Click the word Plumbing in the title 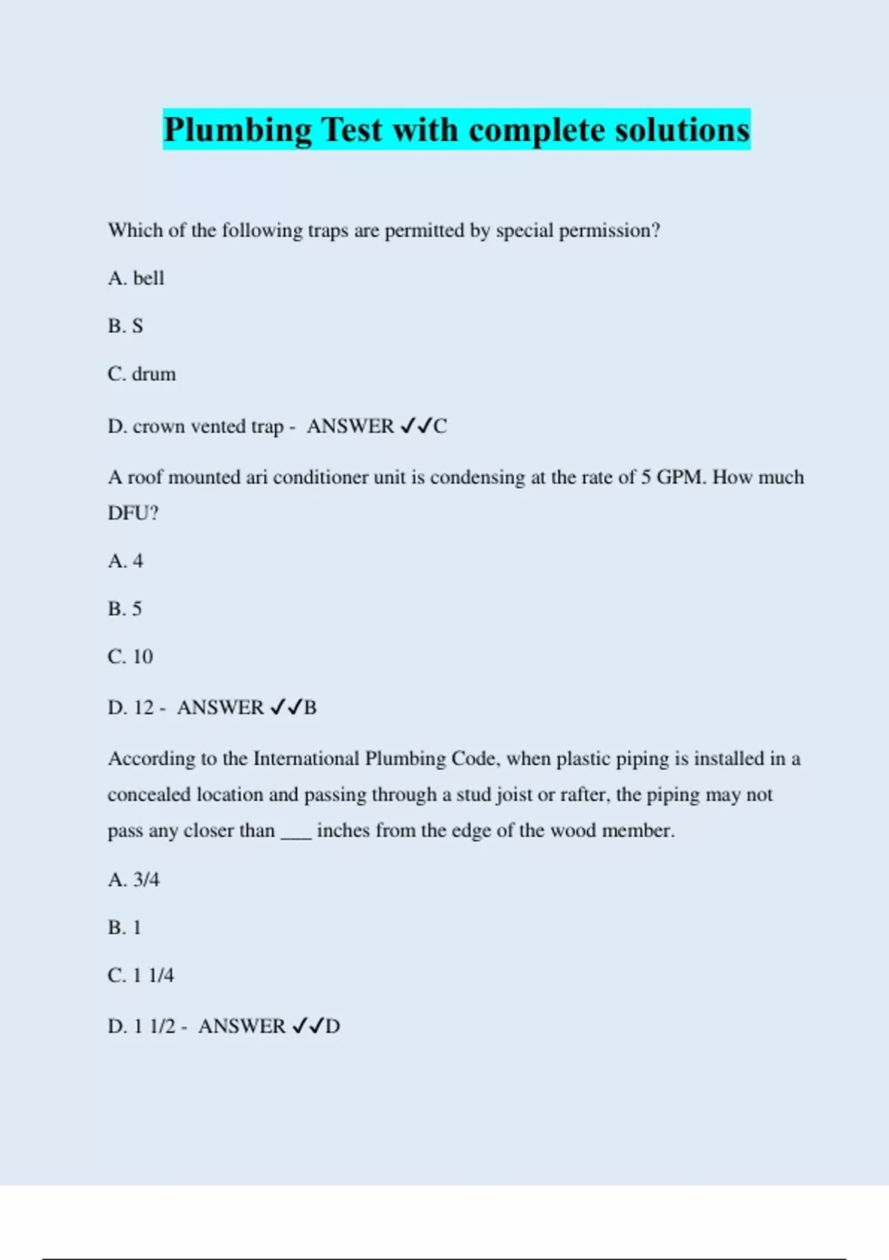pos(238,130)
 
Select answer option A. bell pos(136,278)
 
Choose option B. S pos(125,326)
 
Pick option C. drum pos(141,374)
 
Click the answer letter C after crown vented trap pos(440,426)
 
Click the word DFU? pos(133,513)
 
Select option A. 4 pos(125,561)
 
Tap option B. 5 pos(124,609)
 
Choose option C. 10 pos(130,657)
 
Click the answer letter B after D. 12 pos(310,708)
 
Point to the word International pos(307,759)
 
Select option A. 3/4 pos(133,880)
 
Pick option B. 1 pos(124,928)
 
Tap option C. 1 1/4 pos(141,975)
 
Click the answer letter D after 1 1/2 pos(333,1027)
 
